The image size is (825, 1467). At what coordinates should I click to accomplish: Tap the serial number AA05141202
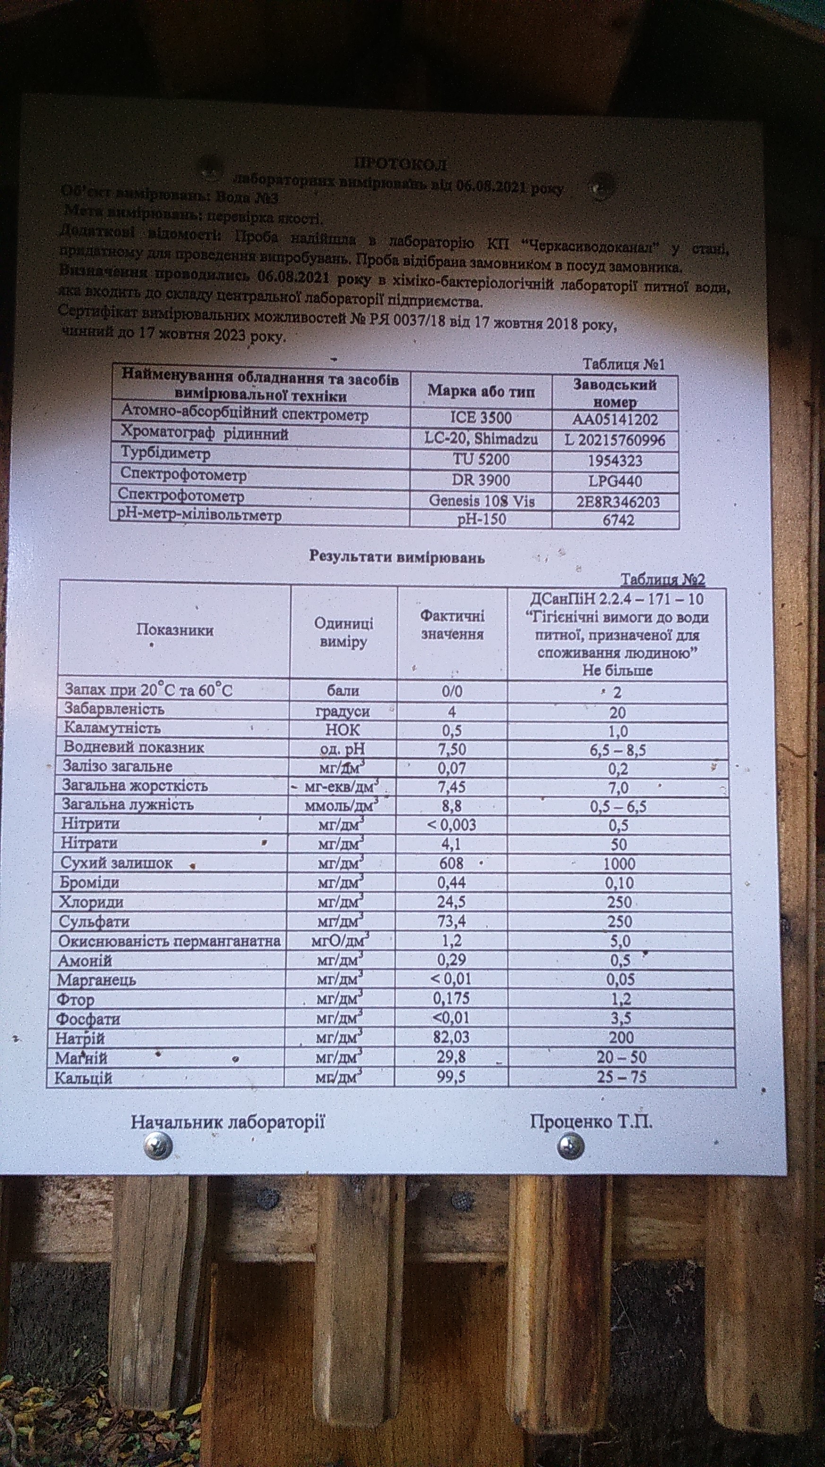coord(616,420)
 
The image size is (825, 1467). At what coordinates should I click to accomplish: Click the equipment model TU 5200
coord(481,459)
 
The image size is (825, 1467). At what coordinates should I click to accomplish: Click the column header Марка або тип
coord(481,391)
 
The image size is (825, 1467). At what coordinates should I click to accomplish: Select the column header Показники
coord(175,630)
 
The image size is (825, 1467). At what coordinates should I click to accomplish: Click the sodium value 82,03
coord(451,1036)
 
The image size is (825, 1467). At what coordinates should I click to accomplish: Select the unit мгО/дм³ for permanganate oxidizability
coord(340,940)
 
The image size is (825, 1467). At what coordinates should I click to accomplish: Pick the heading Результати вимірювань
coord(397,557)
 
